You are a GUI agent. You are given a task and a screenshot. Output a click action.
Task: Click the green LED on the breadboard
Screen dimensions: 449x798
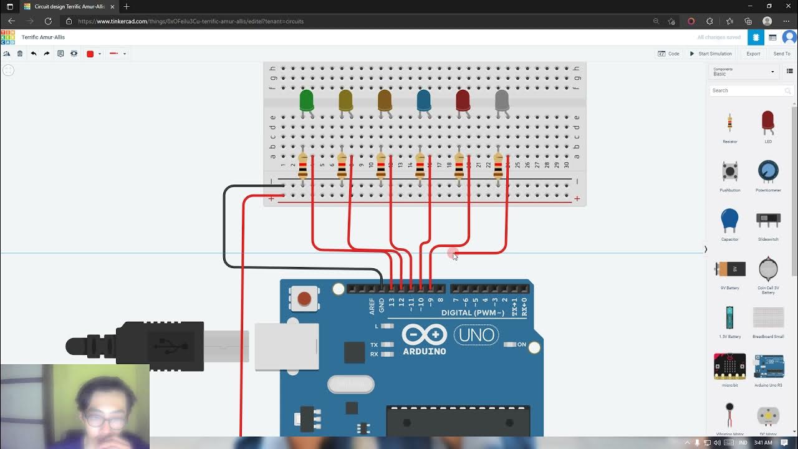pyautogui.click(x=306, y=100)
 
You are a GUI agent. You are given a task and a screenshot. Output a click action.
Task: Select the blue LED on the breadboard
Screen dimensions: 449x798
pyautogui.click(x=423, y=100)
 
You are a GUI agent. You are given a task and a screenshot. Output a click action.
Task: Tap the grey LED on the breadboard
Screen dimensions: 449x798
pyautogui.click(x=502, y=100)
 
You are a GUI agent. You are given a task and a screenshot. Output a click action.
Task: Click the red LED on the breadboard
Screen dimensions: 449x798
pyautogui.click(x=463, y=100)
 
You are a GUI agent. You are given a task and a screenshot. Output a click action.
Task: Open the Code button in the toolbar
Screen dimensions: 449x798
pyautogui.click(x=669, y=54)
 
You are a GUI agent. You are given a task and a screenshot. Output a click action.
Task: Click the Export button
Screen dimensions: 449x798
pyautogui.click(x=753, y=54)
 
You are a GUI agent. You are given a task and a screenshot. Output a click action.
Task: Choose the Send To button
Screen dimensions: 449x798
pyautogui.click(x=782, y=54)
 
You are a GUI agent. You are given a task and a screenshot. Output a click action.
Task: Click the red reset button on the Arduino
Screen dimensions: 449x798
pyautogui.click(x=304, y=299)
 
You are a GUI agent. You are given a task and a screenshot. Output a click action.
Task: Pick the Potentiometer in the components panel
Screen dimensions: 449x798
pyautogui.click(x=768, y=171)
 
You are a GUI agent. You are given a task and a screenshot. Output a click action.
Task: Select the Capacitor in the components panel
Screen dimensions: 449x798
pyautogui.click(x=729, y=220)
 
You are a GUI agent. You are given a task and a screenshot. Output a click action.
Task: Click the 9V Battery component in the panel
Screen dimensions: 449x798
pyautogui.click(x=730, y=269)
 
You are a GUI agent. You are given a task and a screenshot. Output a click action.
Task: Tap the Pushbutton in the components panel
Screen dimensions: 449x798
pyautogui.click(x=729, y=171)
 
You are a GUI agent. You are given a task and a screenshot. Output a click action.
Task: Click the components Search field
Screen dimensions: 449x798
pyautogui.click(x=748, y=90)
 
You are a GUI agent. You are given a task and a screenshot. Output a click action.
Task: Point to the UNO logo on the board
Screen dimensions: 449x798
pyautogui.click(x=477, y=335)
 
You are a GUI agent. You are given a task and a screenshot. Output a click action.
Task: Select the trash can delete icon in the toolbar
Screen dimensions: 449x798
pyautogui.click(x=20, y=54)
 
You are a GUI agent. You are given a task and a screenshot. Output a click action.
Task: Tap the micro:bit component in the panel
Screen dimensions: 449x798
pyautogui.click(x=729, y=367)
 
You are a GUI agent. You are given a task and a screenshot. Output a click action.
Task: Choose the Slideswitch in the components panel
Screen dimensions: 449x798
pyautogui.click(x=768, y=220)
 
